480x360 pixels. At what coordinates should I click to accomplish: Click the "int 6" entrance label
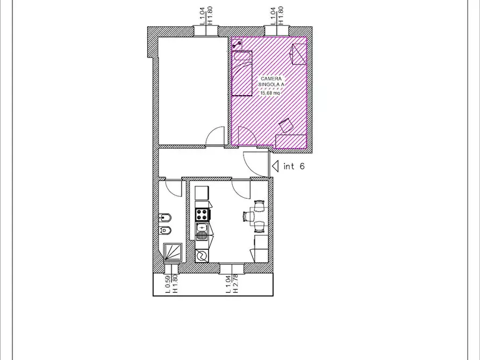click(294, 166)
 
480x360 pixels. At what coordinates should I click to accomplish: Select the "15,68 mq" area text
click(270, 93)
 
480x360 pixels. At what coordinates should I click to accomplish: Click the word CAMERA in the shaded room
click(271, 79)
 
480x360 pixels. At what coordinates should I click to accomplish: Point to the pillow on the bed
click(242, 56)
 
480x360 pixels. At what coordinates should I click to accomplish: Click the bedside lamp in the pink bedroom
click(237, 44)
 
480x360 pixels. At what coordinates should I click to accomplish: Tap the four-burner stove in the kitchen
click(202, 214)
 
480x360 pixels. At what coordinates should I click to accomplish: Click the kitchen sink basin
click(202, 228)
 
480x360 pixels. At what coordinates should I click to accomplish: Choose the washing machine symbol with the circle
click(202, 256)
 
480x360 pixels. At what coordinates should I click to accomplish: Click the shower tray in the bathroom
click(173, 253)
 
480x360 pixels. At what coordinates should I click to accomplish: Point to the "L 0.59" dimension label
click(168, 284)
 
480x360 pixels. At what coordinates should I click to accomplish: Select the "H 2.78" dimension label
click(235, 284)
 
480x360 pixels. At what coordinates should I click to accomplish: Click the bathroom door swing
click(173, 188)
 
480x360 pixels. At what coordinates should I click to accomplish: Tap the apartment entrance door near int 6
click(256, 164)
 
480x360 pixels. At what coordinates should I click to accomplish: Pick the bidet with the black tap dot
click(164, 218)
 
